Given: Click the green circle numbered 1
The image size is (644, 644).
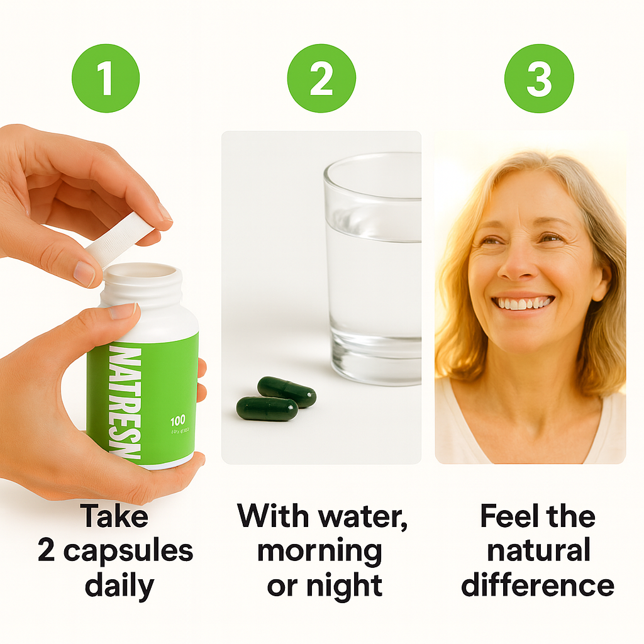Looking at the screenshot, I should pyautogui.click(x=106, y=79).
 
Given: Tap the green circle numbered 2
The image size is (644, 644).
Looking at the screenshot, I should pyautogui.click(x=321, y=79).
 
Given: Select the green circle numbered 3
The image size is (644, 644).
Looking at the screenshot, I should pyautogui.click(x=539, y=79).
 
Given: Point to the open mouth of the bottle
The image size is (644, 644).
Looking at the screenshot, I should pyautogui.click(x=142, y=272).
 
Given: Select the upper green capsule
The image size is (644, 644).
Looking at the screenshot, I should pyautogui.click(x=287, y=391).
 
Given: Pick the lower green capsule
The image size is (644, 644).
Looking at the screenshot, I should pyautogui.click(x=267, y=409).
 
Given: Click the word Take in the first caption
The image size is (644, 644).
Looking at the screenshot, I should pyautogui.click(x=114, y=516).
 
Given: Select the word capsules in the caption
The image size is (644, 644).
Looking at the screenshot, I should pyautogui.click(x=128, y=551).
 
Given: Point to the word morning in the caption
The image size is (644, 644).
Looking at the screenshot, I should pyautogui.click(x=319, y=551).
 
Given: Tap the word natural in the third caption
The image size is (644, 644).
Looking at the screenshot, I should pyautogui.click(x=538, y=551).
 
